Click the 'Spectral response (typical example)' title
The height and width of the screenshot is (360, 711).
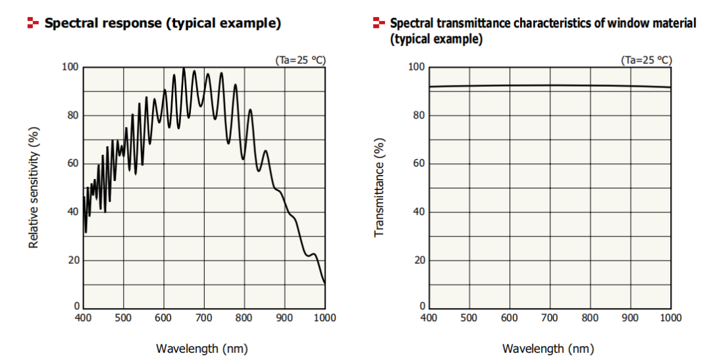[162, 24]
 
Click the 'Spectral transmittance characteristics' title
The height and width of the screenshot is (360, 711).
[542, 24]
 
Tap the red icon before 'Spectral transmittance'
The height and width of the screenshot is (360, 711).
[379, 24]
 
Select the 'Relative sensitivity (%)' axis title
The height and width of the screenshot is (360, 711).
[34, 188]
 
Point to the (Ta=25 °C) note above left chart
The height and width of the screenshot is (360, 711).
[300, 60]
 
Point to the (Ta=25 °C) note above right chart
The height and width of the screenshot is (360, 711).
[646, 60]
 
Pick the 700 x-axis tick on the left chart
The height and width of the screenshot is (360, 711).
[204, 318]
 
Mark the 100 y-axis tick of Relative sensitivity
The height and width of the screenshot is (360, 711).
[70, 67]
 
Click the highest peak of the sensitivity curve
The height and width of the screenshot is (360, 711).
[184, 68]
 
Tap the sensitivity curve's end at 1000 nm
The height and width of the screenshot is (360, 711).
[325, 284]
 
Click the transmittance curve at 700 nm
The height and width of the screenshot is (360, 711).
[550, 85]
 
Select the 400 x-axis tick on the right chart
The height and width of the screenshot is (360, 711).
[429, 318]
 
